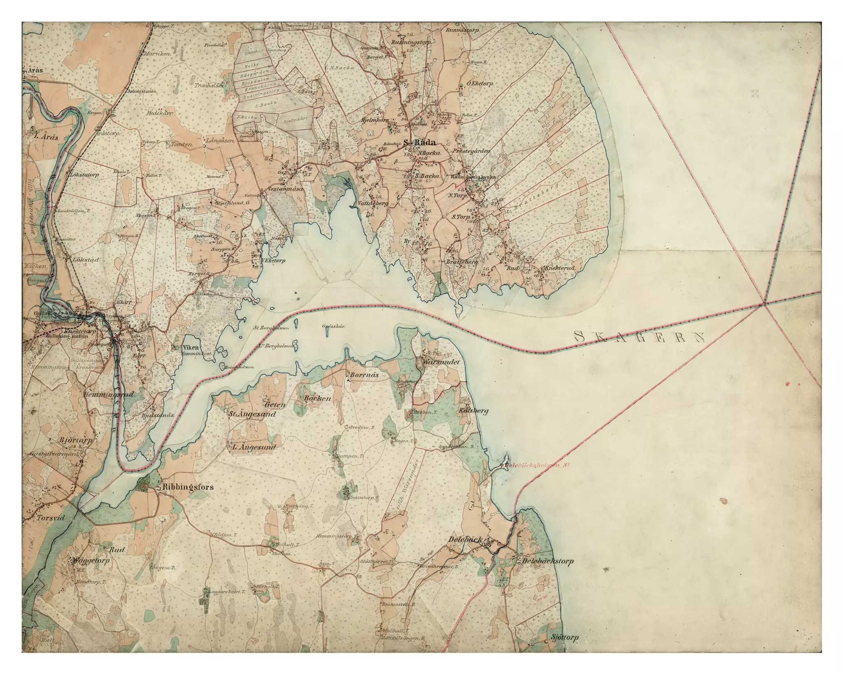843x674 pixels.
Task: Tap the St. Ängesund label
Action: pos(252,414)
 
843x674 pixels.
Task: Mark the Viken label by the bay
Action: pos(190,347)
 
